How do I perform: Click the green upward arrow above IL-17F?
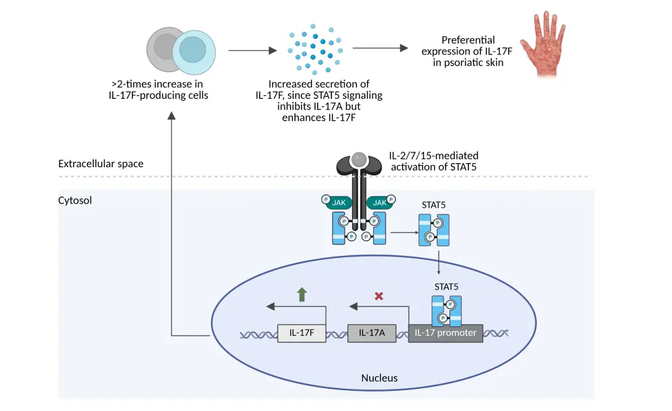click(x=302, y=294)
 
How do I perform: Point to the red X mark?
click(x=378, y=295)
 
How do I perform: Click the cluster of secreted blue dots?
click(x=316, y=50)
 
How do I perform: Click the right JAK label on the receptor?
click(x=380, y=201)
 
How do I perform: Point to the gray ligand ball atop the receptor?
click(x=360, y=159)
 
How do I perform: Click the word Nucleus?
click(x=380, y=378)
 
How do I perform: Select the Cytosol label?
click(x=76, y=200)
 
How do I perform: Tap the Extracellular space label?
click(x=101, y=163)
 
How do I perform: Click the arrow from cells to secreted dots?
click(x=252, y=50)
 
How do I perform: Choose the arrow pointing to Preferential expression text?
click(x=380, y=48)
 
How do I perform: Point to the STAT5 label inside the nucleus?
click(x=446, y=287)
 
